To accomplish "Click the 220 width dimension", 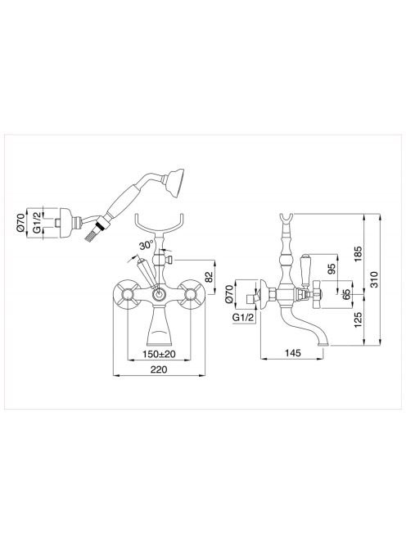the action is (x=159, y=369).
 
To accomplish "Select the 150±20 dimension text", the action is (x=159, y=354).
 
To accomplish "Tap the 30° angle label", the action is (x=147, y=246).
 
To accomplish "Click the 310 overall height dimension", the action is (x=373, y=279).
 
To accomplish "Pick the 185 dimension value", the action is (x=358, y=254).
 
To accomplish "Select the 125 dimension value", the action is (x=358, y=320).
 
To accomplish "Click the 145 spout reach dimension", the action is (x=293, y=353).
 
